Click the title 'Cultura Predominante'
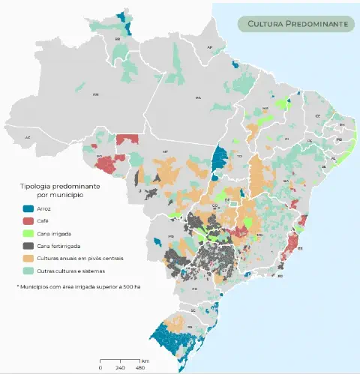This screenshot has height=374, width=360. tap(298, 24)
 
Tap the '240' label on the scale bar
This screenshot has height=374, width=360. tap(121, 367)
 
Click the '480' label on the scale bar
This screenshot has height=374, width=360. tap(141, 367)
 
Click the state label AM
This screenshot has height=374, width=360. tap(95, 95)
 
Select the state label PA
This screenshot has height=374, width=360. tap(199, 98)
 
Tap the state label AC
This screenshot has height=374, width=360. tap(28, 138)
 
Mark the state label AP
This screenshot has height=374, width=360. tap(210, 47)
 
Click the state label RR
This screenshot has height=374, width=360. tap(118, 38)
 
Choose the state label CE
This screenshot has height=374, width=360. tap(317, 116)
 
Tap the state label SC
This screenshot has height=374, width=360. tap(192, 309)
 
